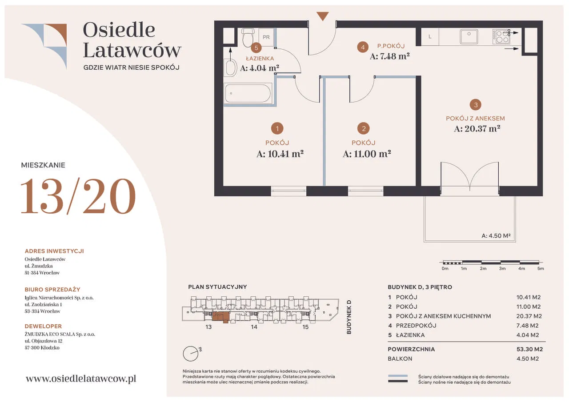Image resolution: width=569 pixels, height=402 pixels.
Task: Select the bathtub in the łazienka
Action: pyautogui.click(x=248, y=93)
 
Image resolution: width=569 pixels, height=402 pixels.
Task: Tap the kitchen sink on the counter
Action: pyautogui.click(x=469, y=36)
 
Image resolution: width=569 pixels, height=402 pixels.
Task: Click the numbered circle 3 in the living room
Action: pyautogui.click(x=476, y=104)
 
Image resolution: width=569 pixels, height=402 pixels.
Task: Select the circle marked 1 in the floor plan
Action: pyautogui.click(x=277, y=128)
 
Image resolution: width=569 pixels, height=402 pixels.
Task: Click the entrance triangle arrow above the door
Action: pyautogui.click(x=323, y=16)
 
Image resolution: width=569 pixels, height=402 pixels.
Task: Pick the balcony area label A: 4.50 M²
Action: pyautogui.click(x=496, y=235)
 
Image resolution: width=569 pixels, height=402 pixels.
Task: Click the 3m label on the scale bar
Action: pyautogui.click(x=502, y=268)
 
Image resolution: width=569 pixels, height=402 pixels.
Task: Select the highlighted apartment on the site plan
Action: pyautogui.click(x=221, y=317)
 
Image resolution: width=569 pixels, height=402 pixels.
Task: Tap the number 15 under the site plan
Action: pyautogui.click(x=305, y=327)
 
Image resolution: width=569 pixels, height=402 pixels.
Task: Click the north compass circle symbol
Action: pyautogui.click(x=191, y=354)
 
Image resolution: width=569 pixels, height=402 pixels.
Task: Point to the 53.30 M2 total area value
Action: pyautogui.click(x=529, y=349)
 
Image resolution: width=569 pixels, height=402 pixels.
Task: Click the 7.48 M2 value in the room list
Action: pyautogui.click(x=527, y=326)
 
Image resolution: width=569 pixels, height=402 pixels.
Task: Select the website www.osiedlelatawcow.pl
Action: pyautogui.click(x=81, y=378)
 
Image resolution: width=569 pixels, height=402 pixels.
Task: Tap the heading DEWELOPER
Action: pyautogui.click(x=43, y=326)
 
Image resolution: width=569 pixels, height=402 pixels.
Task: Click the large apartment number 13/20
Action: pyautogui.click(x=78, y=196)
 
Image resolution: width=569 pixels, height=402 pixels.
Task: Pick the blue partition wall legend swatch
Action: pyautogui.click(x=397, y=376)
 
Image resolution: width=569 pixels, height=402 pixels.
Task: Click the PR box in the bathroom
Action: pyautogui.click(x=266, y=37)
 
